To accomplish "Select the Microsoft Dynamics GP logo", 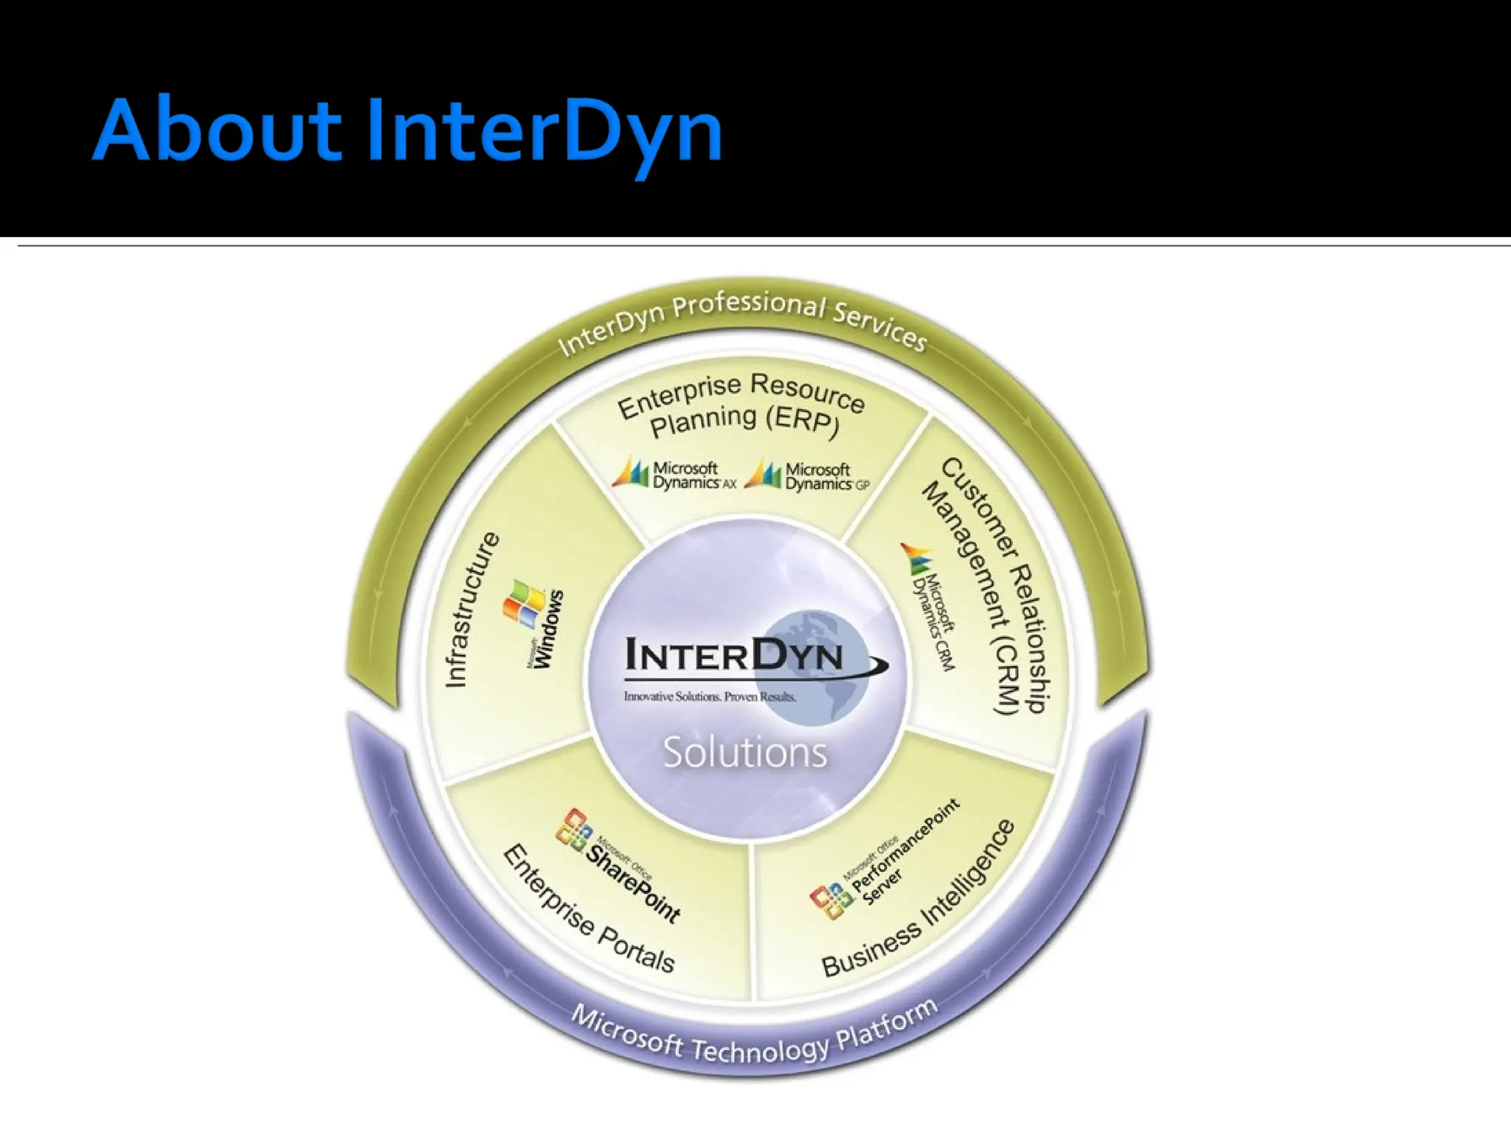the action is [x=808, y=476].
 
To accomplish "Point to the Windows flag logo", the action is [x=522, y=603].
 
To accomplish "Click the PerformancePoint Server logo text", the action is [x=900, y=856].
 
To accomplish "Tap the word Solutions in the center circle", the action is [x=745, y=753].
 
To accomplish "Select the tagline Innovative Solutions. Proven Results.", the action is [x=710, y=696].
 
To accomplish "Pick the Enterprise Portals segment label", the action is [x=588, y=910].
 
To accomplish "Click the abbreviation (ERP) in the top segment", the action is [x=803, y=421].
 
